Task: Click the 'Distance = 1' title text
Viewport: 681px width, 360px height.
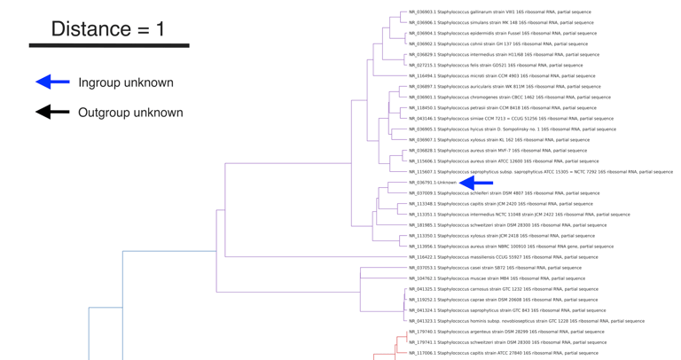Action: point(107,28)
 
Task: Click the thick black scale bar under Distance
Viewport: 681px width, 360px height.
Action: point(108,45)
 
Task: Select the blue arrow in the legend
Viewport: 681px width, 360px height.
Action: point(52,82)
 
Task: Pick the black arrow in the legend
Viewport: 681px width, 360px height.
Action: point(52,113)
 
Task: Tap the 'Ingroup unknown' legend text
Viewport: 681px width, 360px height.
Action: point(126,82)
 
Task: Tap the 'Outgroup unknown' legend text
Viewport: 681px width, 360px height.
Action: point(130,113)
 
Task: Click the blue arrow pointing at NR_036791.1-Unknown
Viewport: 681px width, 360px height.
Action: point(476,183)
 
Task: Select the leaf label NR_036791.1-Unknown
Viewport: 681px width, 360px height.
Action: point(433,183)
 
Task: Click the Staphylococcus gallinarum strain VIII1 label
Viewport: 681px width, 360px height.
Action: point(499,12)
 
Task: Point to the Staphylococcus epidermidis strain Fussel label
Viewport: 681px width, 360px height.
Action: point(502,34)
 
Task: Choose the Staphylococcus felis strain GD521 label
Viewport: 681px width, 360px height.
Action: point(496,66)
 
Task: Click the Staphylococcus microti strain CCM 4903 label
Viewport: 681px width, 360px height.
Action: point(502,76)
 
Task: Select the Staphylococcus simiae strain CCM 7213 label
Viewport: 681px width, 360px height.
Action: point(511,119)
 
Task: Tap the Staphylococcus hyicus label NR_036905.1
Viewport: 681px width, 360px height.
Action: point(512,129)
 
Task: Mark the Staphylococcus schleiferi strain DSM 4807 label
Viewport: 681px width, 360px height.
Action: point(504,193)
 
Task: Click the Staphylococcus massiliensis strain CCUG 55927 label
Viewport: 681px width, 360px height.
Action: point(503,257)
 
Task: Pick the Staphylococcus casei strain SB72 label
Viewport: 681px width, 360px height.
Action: point(495,268)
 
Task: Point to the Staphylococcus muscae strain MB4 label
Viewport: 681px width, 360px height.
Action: point(497,278)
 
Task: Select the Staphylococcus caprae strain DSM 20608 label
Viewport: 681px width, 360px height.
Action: point(503,300)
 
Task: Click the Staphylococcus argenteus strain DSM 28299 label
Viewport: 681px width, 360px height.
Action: point(506,332)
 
